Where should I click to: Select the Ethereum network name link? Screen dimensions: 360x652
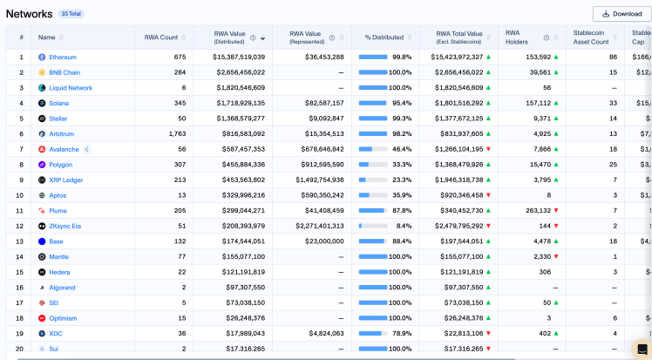(x=62, y=57)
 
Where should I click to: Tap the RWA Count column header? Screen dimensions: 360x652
(x=161, y=37)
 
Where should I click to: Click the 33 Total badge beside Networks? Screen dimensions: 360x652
(x=71, y=14)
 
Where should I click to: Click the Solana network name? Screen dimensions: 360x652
(x=58, y=103)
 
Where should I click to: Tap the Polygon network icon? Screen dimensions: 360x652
(x=42, y=165)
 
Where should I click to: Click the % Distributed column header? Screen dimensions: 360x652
(x=384, y=37)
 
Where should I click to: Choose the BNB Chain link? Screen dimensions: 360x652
(x=65, y=72)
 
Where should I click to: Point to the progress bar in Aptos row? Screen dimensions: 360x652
(x=373, y=195)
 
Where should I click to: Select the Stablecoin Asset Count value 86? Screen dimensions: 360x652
(x=613, y=57)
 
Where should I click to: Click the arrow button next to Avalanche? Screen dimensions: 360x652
(x=87, y=149)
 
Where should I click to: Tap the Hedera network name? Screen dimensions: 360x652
(x=60, y=272)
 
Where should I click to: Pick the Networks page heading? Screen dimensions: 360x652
(x=29, y=14)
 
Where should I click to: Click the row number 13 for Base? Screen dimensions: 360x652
(x=21, y=241)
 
